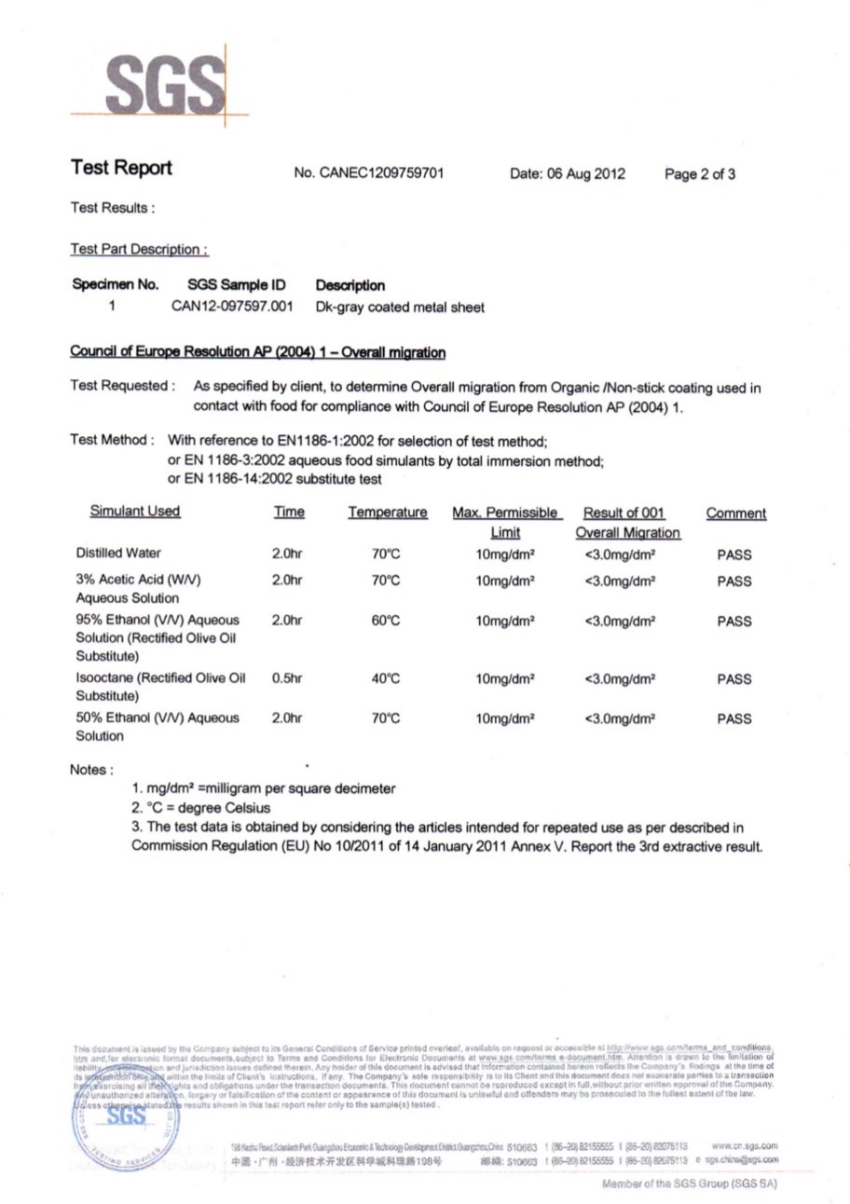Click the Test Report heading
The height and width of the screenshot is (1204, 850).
pos(121,169)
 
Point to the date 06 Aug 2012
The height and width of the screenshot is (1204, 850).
pos(568,173)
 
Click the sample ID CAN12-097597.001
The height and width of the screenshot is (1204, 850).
pos(232,306)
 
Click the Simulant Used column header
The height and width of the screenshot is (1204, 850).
pos(135,512)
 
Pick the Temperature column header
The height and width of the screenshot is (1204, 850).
pos(388,513)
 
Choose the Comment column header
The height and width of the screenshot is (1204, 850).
pos(735,513)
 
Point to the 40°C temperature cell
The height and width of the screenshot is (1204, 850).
pos(386,679)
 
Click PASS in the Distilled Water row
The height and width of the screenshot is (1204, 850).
pos(734,555)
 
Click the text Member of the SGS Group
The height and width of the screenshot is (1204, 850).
pos(690,1183)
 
